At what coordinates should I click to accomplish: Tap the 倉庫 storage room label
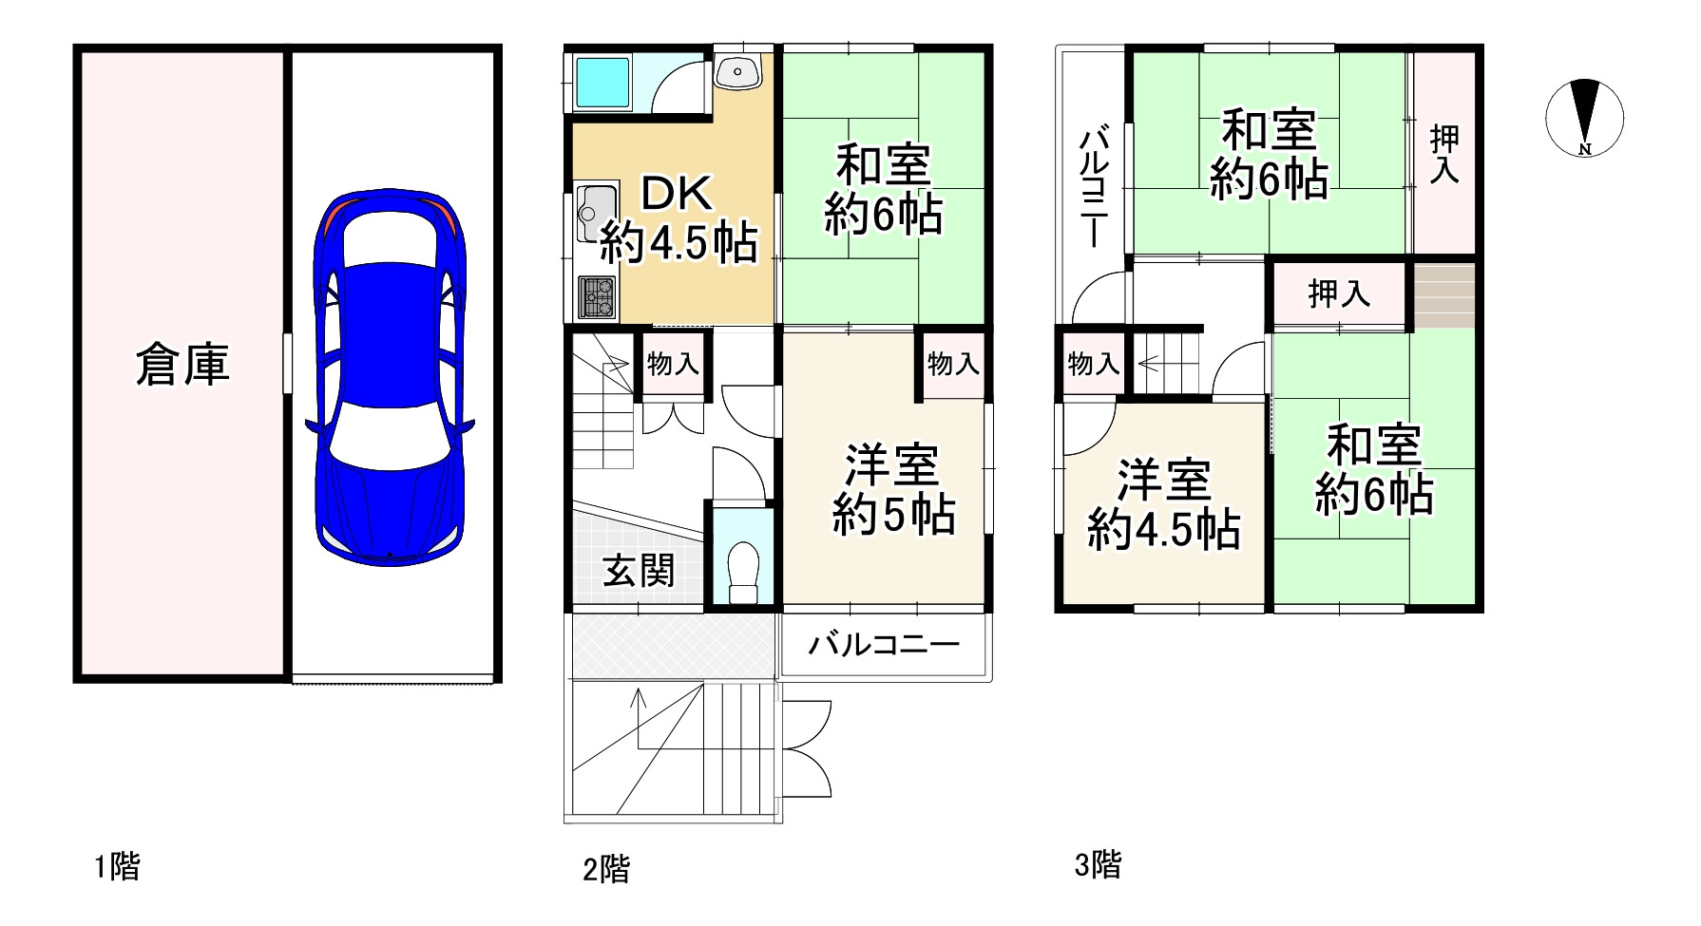click(182, 365)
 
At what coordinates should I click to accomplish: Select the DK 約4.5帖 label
click(677, 220)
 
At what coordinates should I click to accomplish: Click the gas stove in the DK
click(599, 296)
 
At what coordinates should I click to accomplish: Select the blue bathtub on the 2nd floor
click(600, 83)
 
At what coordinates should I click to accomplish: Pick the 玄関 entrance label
click(639, 571)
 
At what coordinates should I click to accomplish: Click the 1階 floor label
click(117, 866)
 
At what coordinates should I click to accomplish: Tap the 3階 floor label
click(1098, 864)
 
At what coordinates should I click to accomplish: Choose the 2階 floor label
click(606, 868)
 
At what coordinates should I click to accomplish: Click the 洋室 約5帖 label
click(893, 490)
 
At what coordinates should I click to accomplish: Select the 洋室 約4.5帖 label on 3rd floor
click(1163, 505)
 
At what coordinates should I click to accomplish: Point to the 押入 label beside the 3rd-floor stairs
click(1339, 294)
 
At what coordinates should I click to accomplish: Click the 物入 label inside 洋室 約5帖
click(953, 363)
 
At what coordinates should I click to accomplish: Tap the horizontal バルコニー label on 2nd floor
click(884, 646)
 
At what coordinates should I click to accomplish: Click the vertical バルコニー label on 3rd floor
click(1093, 190)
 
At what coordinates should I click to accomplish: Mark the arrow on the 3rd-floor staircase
click(1147, 362)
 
